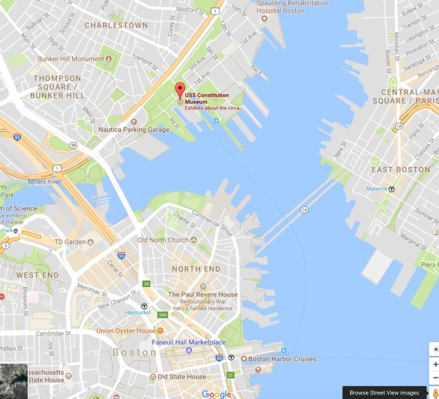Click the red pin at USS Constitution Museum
(x=180, y=90)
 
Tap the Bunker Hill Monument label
(x=72, y=59)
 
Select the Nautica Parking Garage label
(x=133, y=130)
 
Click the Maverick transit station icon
(x=392, y=189)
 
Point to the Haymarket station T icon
(x=144, y=306)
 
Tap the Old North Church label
(x=163, y=240)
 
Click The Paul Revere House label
(x=203, y=294)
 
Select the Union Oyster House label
(x=126, y=331)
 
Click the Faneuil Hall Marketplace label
(x=189, y=342)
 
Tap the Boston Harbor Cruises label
(x=282, y=359)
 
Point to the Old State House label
(x=178, y=377)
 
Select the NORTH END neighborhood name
(x=196, y=269)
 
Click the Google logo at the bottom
(x=216, y=393)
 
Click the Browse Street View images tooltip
(x=384, y=392)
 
